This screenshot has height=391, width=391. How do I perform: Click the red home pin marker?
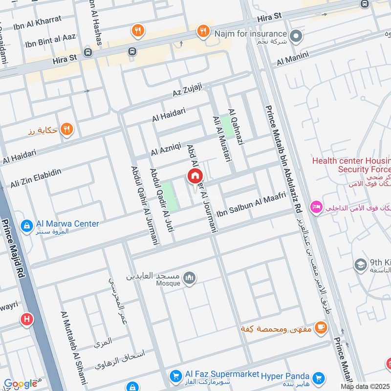(x=195, y=176)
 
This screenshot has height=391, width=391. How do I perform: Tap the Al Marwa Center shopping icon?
(x=26, y=225)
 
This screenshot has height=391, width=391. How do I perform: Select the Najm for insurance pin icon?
(x=296, y=36)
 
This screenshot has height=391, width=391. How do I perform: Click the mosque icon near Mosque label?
(x=189, y=279)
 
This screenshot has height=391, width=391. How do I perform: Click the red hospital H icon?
(x=26, y=320)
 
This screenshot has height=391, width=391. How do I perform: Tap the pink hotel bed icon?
(x=315, y=207)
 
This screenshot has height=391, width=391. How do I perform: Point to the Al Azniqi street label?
(x=166, y=148)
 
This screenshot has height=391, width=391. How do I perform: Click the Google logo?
(x=21, y=384)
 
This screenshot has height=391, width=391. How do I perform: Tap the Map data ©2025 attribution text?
(x=365, y=387)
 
